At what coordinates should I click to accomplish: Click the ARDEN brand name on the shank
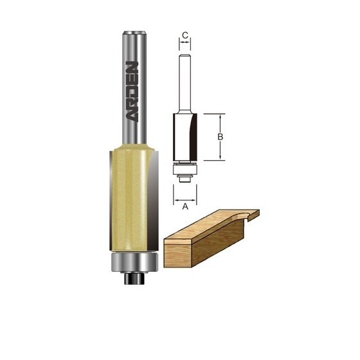132,91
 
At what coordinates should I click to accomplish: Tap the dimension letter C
185,35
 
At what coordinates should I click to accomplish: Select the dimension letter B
220,137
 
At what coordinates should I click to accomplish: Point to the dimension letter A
185,206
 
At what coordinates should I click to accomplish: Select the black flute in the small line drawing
193,137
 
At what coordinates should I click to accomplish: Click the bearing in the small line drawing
185,170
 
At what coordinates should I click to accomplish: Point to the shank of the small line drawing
185,84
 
